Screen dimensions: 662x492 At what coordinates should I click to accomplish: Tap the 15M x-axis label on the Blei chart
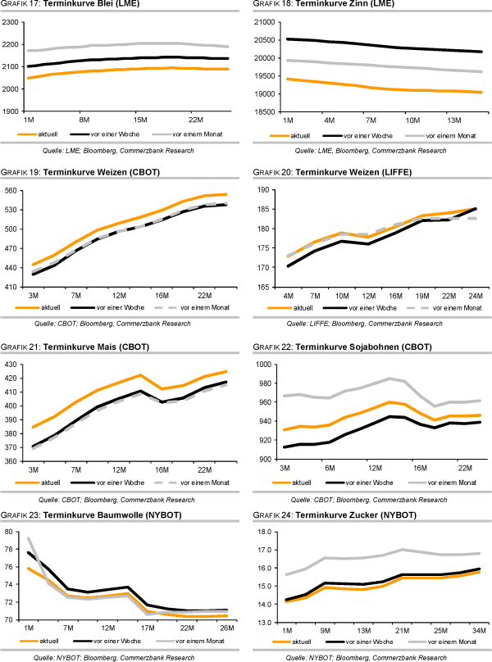click(139, 120)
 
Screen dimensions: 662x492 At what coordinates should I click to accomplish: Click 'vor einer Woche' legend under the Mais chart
click(131, 482)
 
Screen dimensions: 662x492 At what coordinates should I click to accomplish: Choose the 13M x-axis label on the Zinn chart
click(455, 120)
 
